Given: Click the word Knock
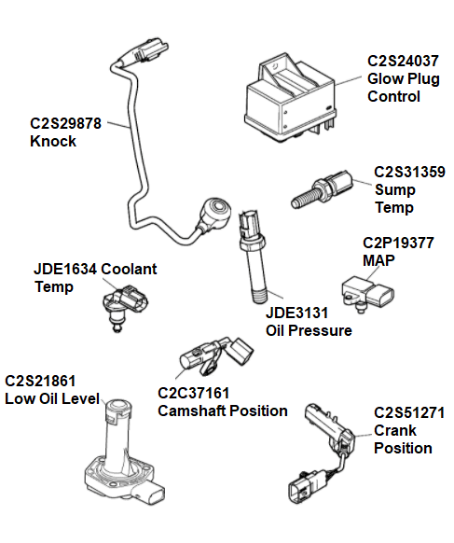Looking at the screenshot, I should [54, 141].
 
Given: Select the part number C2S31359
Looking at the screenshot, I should [409, 173].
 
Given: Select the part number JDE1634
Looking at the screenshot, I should [66, 270].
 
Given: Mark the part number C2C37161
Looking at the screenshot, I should [194, 394].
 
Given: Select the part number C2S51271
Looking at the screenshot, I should [409, 412].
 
